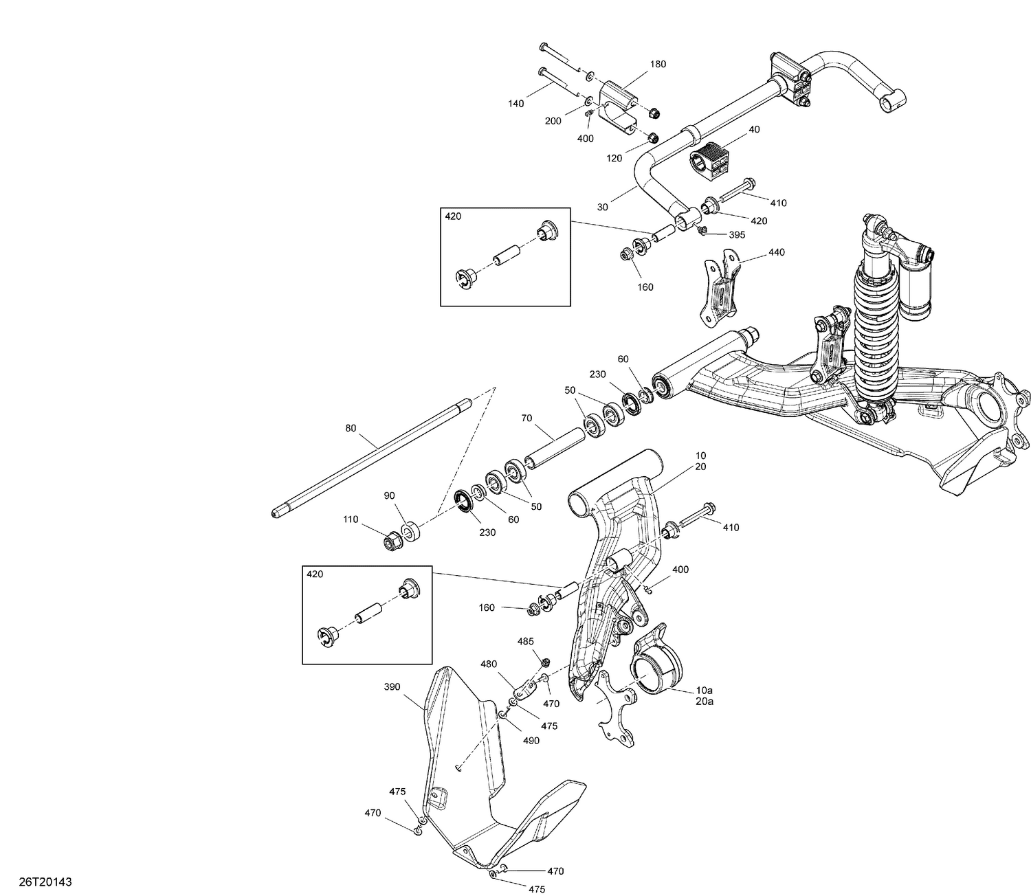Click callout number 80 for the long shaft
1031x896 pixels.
pos(351,428)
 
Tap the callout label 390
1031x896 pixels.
pos(392,686)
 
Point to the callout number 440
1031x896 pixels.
pos(776,252)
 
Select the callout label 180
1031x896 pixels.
pos(657,64)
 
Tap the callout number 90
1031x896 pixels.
pos(389,495)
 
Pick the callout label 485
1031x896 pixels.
pos(525,641)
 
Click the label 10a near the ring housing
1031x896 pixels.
pos(705,690)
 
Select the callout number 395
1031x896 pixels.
pos(736,235)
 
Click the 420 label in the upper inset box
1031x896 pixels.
pos(454,216)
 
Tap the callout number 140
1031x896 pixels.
pos(516,104)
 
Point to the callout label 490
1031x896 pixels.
pos(531,741)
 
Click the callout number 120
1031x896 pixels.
pos(614,158)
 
